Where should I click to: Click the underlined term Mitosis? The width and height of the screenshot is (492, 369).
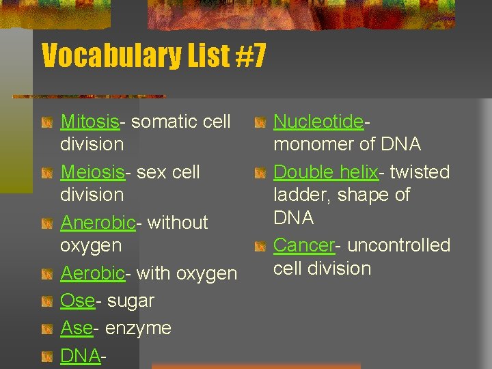coord(90,122)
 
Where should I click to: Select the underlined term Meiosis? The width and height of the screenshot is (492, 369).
coord(92,172)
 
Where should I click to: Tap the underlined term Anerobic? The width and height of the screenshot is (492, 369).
coord(98,223)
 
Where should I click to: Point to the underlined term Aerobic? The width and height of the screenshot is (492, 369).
coord(92,273)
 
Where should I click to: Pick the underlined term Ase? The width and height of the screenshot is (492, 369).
coord(76,328)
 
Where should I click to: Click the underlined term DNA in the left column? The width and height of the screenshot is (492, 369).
coord(80,355)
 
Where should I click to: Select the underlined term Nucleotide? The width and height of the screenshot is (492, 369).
coord(318,122)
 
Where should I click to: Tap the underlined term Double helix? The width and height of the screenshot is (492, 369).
coord(325,172)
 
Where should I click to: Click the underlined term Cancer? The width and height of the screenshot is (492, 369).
coord(303,245)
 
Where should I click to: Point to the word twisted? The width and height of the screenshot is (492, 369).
coord(420,172)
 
